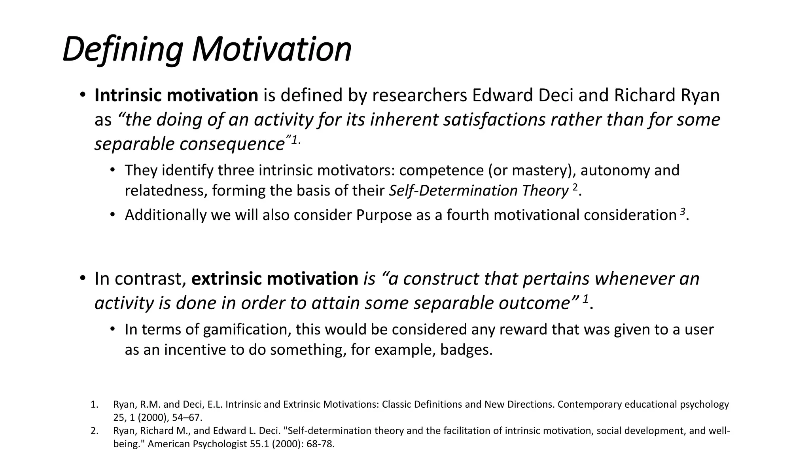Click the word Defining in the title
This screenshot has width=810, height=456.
[x=122, y=49]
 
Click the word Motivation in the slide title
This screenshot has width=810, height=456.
[x=272, y=49]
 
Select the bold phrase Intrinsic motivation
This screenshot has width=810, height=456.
[x=176, y=95]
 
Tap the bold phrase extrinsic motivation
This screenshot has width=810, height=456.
[x=274, y=279]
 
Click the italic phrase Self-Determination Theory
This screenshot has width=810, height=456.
[x=479, y=191]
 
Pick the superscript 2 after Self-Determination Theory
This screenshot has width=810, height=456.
[x=575, y=188]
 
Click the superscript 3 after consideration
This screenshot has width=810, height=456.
[x=682, y=212]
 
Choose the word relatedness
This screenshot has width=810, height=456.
[x=166, y=191]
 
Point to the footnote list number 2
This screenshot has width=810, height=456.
[x=94, y=431]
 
